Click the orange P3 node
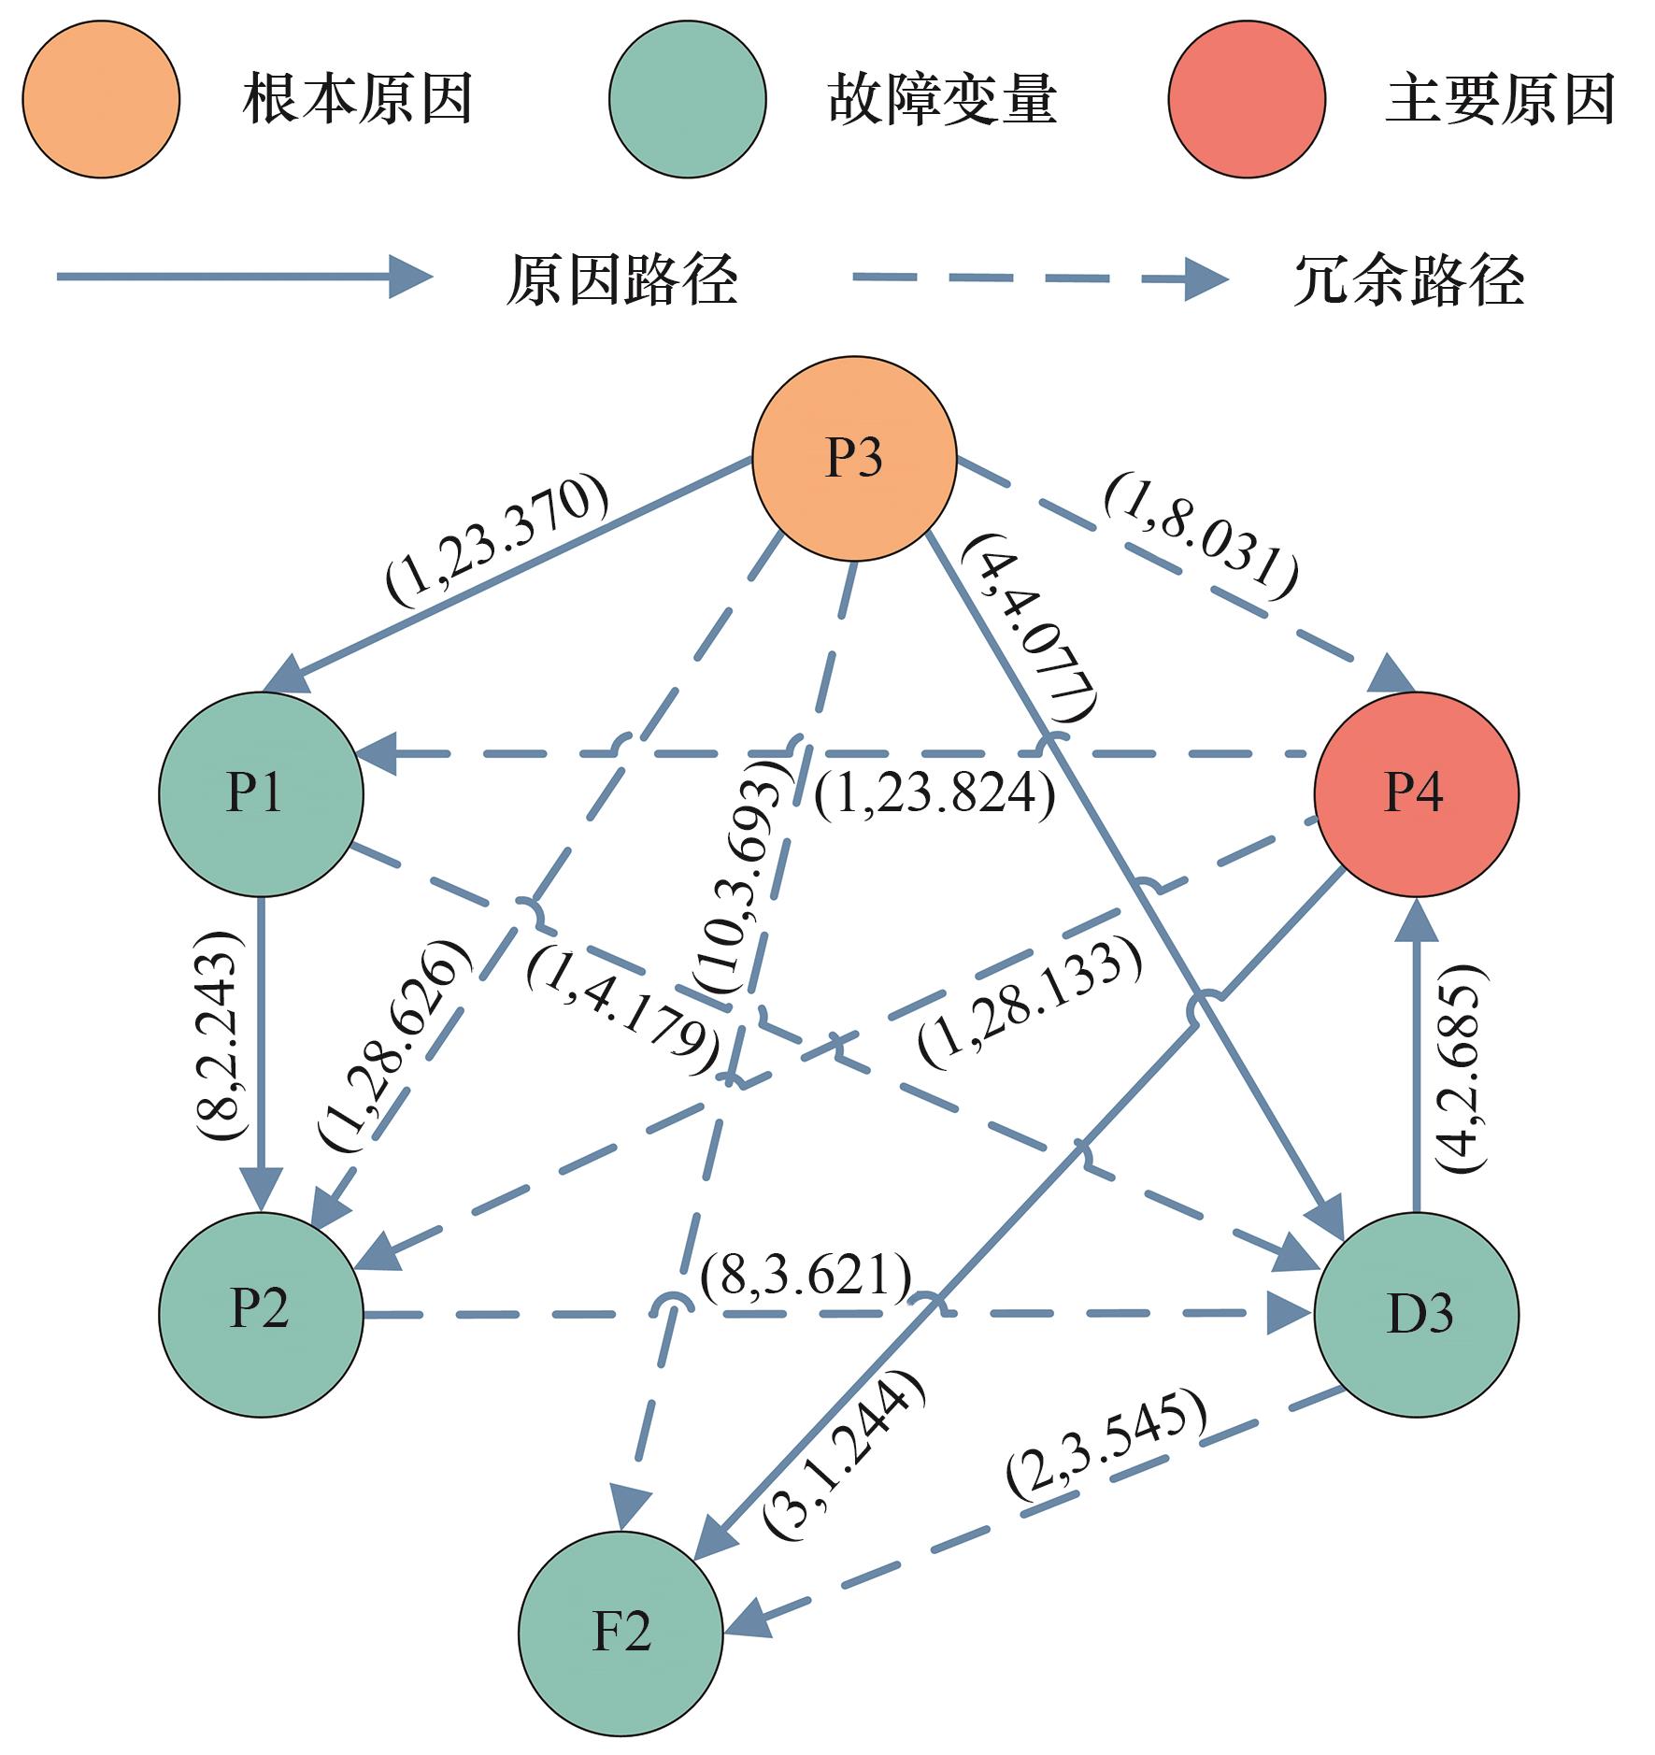pyautogui.click(x=854, y=458)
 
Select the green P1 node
pyautogui.click(x=261, y=793)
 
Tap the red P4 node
pyautogui.click(x=1416, y=793)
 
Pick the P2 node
pyautogui.click(x=261, y=1314)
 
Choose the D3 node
pyautogui.click(x=1416, y=1314)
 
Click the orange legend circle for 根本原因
pyautogui.click(x=101, y=98)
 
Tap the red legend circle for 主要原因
pyautogui.click(x=1246, y=98)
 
